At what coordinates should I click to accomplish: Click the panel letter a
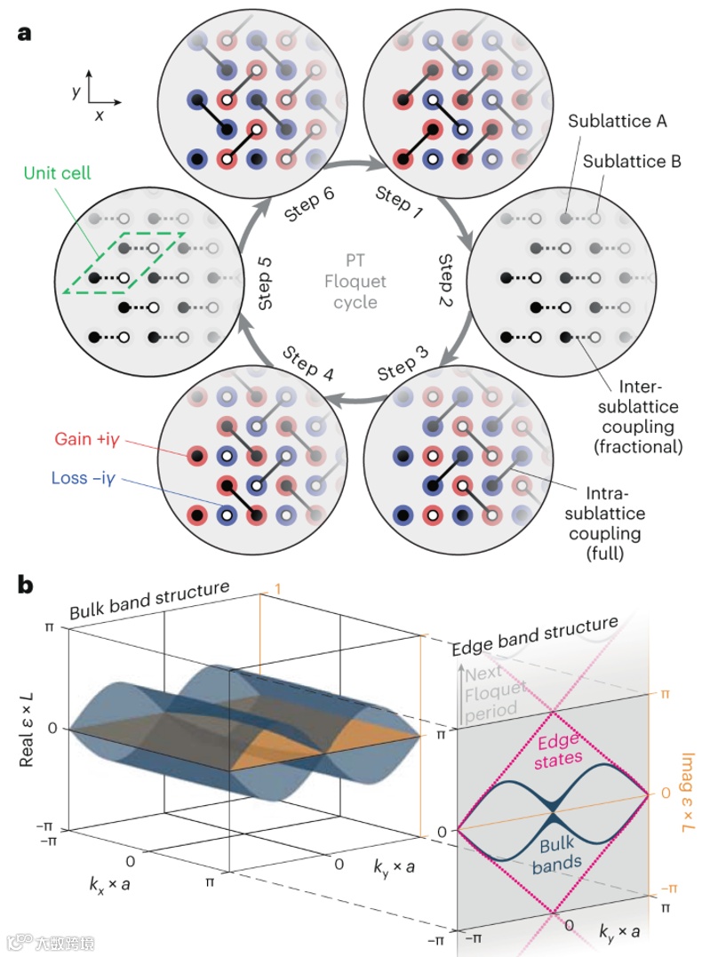[25, 34]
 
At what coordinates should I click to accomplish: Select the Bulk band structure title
[150, 600]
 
